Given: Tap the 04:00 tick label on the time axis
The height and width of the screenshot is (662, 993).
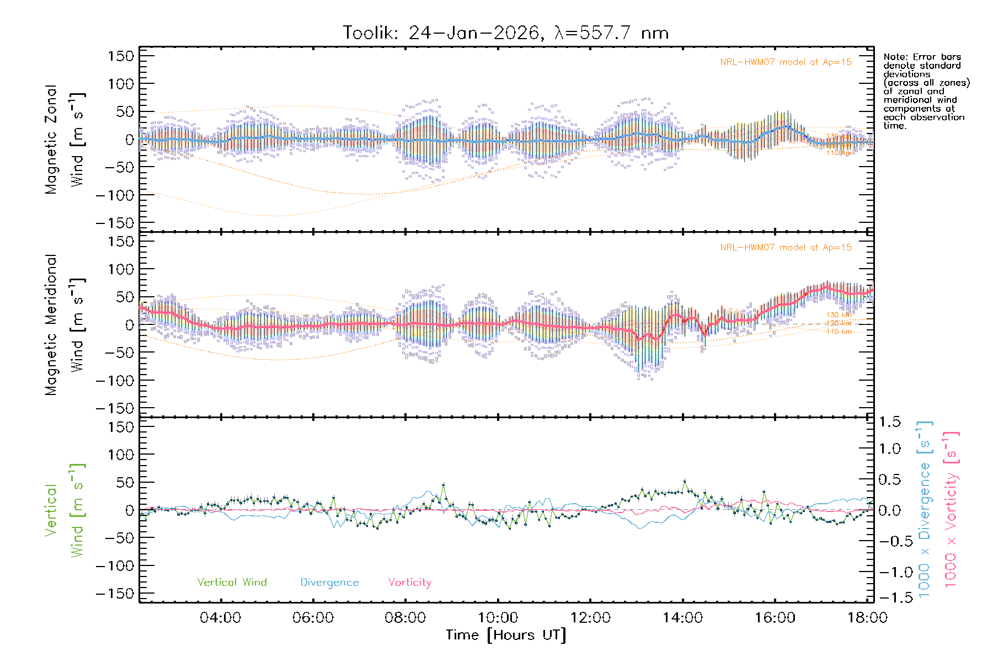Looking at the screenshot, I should (221, 618).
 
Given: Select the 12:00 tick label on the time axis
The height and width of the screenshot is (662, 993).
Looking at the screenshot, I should (590, 618).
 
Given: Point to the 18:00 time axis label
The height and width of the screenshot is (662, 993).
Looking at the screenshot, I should (867, 618).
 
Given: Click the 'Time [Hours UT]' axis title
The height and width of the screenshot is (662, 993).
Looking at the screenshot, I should (506, 635).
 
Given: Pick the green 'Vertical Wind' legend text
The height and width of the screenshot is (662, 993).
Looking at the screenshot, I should (232, 583).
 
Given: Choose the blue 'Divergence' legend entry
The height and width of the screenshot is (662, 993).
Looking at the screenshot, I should (329, 583).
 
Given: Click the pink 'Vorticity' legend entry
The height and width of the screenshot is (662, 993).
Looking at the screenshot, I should (409, 583).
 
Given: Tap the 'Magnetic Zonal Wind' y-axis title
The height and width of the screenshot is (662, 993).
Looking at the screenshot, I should (65, 140).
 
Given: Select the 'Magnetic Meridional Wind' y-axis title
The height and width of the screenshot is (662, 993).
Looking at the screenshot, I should (65, 325).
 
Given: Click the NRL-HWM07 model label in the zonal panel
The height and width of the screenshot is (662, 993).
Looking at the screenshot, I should (786, 62).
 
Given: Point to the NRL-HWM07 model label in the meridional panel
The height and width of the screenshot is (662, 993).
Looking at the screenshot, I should (786, 248).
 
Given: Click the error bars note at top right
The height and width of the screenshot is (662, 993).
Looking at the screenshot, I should (926, 91).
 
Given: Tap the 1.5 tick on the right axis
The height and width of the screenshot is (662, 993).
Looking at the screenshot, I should (889, 422).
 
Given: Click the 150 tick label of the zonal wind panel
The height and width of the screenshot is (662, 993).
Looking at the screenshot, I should (121, 56).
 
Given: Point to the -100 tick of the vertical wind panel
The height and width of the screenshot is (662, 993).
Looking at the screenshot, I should (115, 566).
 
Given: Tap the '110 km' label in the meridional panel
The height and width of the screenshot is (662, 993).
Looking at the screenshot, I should (839, 332).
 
